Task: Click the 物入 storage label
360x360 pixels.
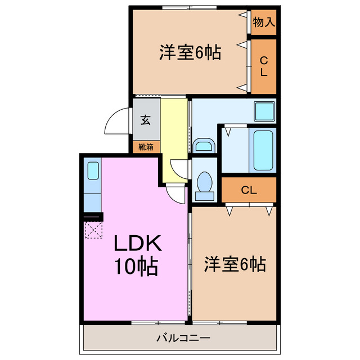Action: (263, 23)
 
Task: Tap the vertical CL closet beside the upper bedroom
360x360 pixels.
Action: (263, 66)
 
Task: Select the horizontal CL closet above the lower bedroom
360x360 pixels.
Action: (249, 190)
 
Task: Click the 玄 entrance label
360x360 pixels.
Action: (146, 119)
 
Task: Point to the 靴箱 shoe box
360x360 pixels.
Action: (146, 147)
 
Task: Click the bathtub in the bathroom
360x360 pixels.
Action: (263, 150)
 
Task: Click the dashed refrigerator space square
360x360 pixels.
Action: (92, 229)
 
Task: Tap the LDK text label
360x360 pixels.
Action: (138, 244)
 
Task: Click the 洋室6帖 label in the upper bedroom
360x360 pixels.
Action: (189, 53)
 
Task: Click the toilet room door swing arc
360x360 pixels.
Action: (180, 167)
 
